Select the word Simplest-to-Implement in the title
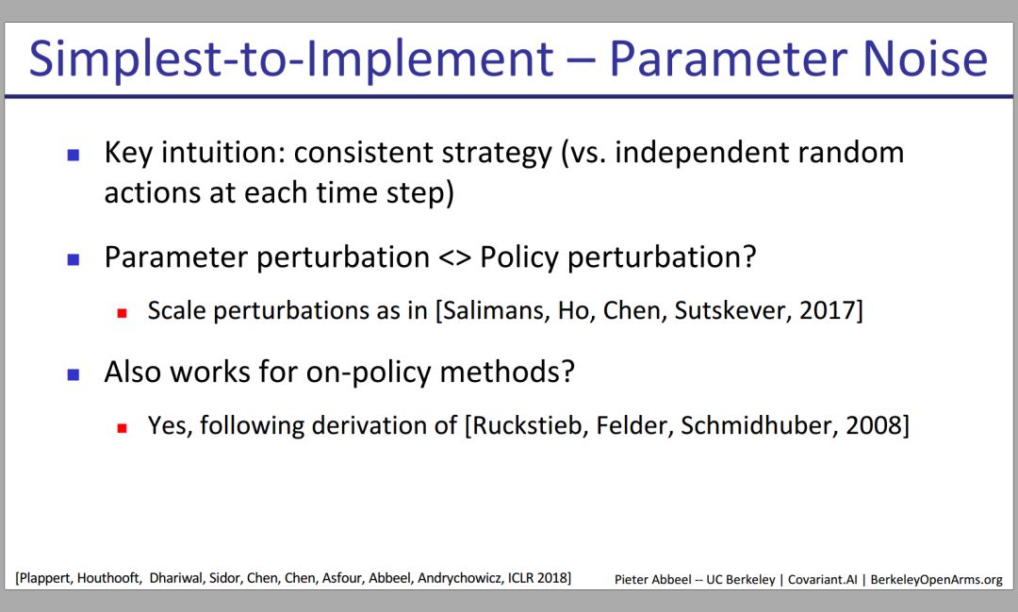(x=291, y=59)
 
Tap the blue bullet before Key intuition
(x=74, y=155)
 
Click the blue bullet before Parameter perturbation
(x=74, y=259)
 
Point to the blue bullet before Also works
(x=74, y=374)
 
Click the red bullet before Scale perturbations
(x=122, y=313)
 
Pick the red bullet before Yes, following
(x=122, y=428)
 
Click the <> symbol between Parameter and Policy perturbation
(x=454, y=258)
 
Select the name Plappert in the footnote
(x=46, y=578)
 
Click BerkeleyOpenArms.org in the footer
(x=936, y=580)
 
